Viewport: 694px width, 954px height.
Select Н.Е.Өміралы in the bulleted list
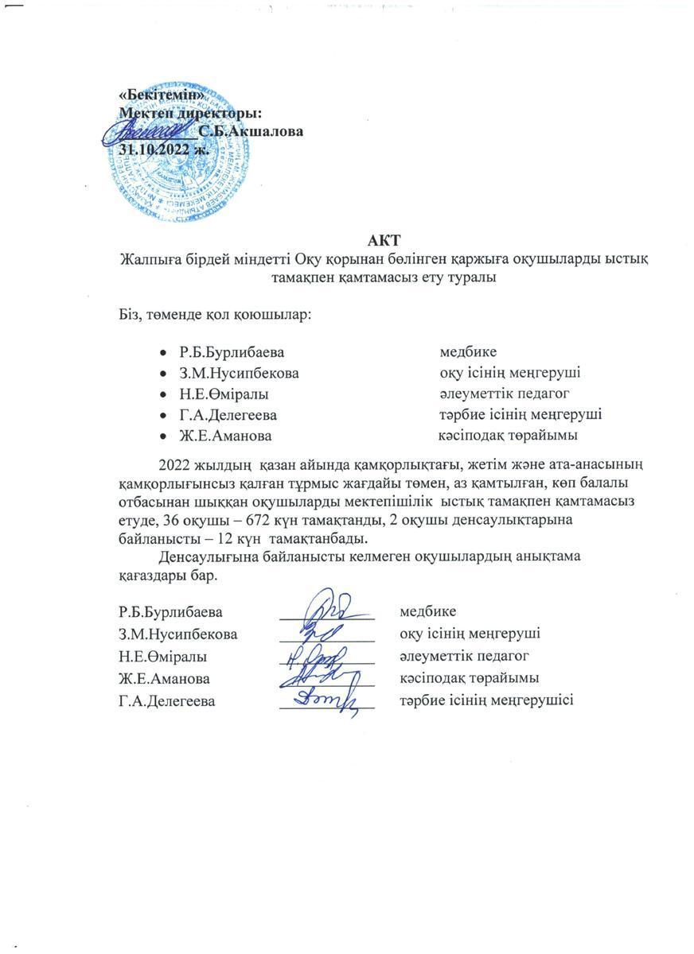[x=224, y=394]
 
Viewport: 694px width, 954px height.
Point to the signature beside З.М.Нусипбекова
[x=325, y=633]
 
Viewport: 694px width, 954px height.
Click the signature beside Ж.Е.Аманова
[x=325, y=677]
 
